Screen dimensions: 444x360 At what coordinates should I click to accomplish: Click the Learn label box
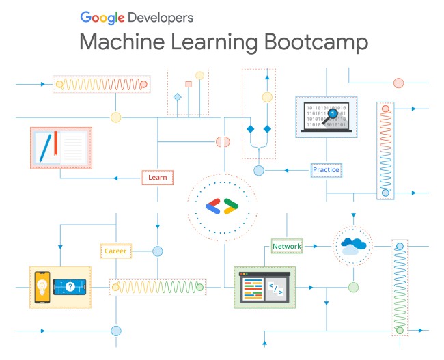(x=157, y=178)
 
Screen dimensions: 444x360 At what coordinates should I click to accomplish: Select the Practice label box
(x=327, y=170)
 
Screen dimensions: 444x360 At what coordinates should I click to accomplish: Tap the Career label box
(x=116, y=251)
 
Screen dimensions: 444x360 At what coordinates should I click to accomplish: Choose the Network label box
(x=287, y=246)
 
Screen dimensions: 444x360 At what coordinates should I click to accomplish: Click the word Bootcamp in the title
(x=316, y=42)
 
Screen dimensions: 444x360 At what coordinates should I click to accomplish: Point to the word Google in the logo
(x=102, y=18)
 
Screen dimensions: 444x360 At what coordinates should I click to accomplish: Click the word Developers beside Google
(x=161, y=18)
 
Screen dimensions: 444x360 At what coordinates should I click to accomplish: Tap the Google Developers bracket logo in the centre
(x=222, y=206)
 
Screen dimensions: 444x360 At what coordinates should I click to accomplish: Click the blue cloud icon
(x=353, y=246)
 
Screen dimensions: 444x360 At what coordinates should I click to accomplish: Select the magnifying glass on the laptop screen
(x=331, y=116)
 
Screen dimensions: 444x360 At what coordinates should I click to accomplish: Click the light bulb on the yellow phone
(x=42, y=287)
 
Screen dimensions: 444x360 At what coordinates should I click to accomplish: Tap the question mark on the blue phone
(x=70, y=287)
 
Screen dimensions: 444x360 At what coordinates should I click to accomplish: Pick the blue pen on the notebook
(x=45, y=148)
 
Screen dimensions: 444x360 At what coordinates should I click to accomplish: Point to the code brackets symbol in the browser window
(x=275, y=289)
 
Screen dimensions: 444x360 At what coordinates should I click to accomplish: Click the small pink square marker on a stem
(x=189, y=84)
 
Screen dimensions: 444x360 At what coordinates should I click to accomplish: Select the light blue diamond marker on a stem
(x=178, y=97)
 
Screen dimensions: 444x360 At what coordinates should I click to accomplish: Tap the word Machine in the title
(x=122, y=42)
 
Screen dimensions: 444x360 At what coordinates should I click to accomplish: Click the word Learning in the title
(x=214, y=42)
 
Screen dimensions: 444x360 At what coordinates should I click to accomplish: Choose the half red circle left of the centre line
(x=220, y=142)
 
